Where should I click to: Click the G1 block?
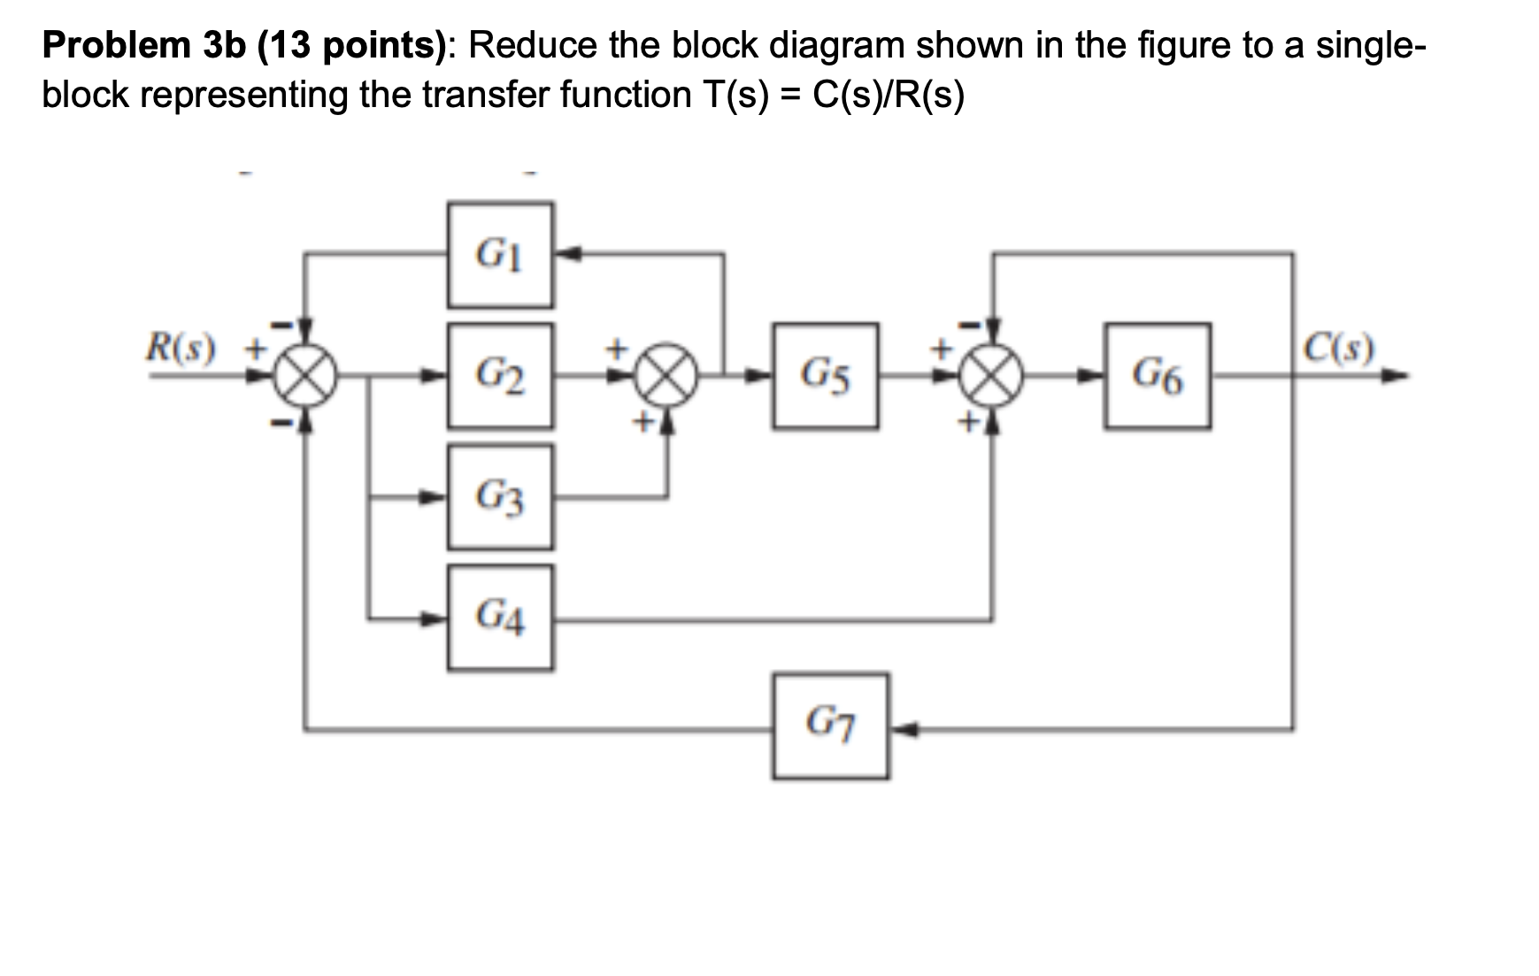coord(500,256)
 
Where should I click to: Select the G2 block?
coord(500,376)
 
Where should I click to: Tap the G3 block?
coord(500,497)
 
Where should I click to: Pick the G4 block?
coord(500,618)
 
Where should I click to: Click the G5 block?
coord(826,376)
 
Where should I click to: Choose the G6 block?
coord(1158,376)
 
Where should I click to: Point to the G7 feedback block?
coord(830,726)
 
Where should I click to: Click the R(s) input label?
coord(181,349)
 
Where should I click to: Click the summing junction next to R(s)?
coord(304,376)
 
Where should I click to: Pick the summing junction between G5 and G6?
coord(994,376)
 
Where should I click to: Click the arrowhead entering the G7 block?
coord(900,729)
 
